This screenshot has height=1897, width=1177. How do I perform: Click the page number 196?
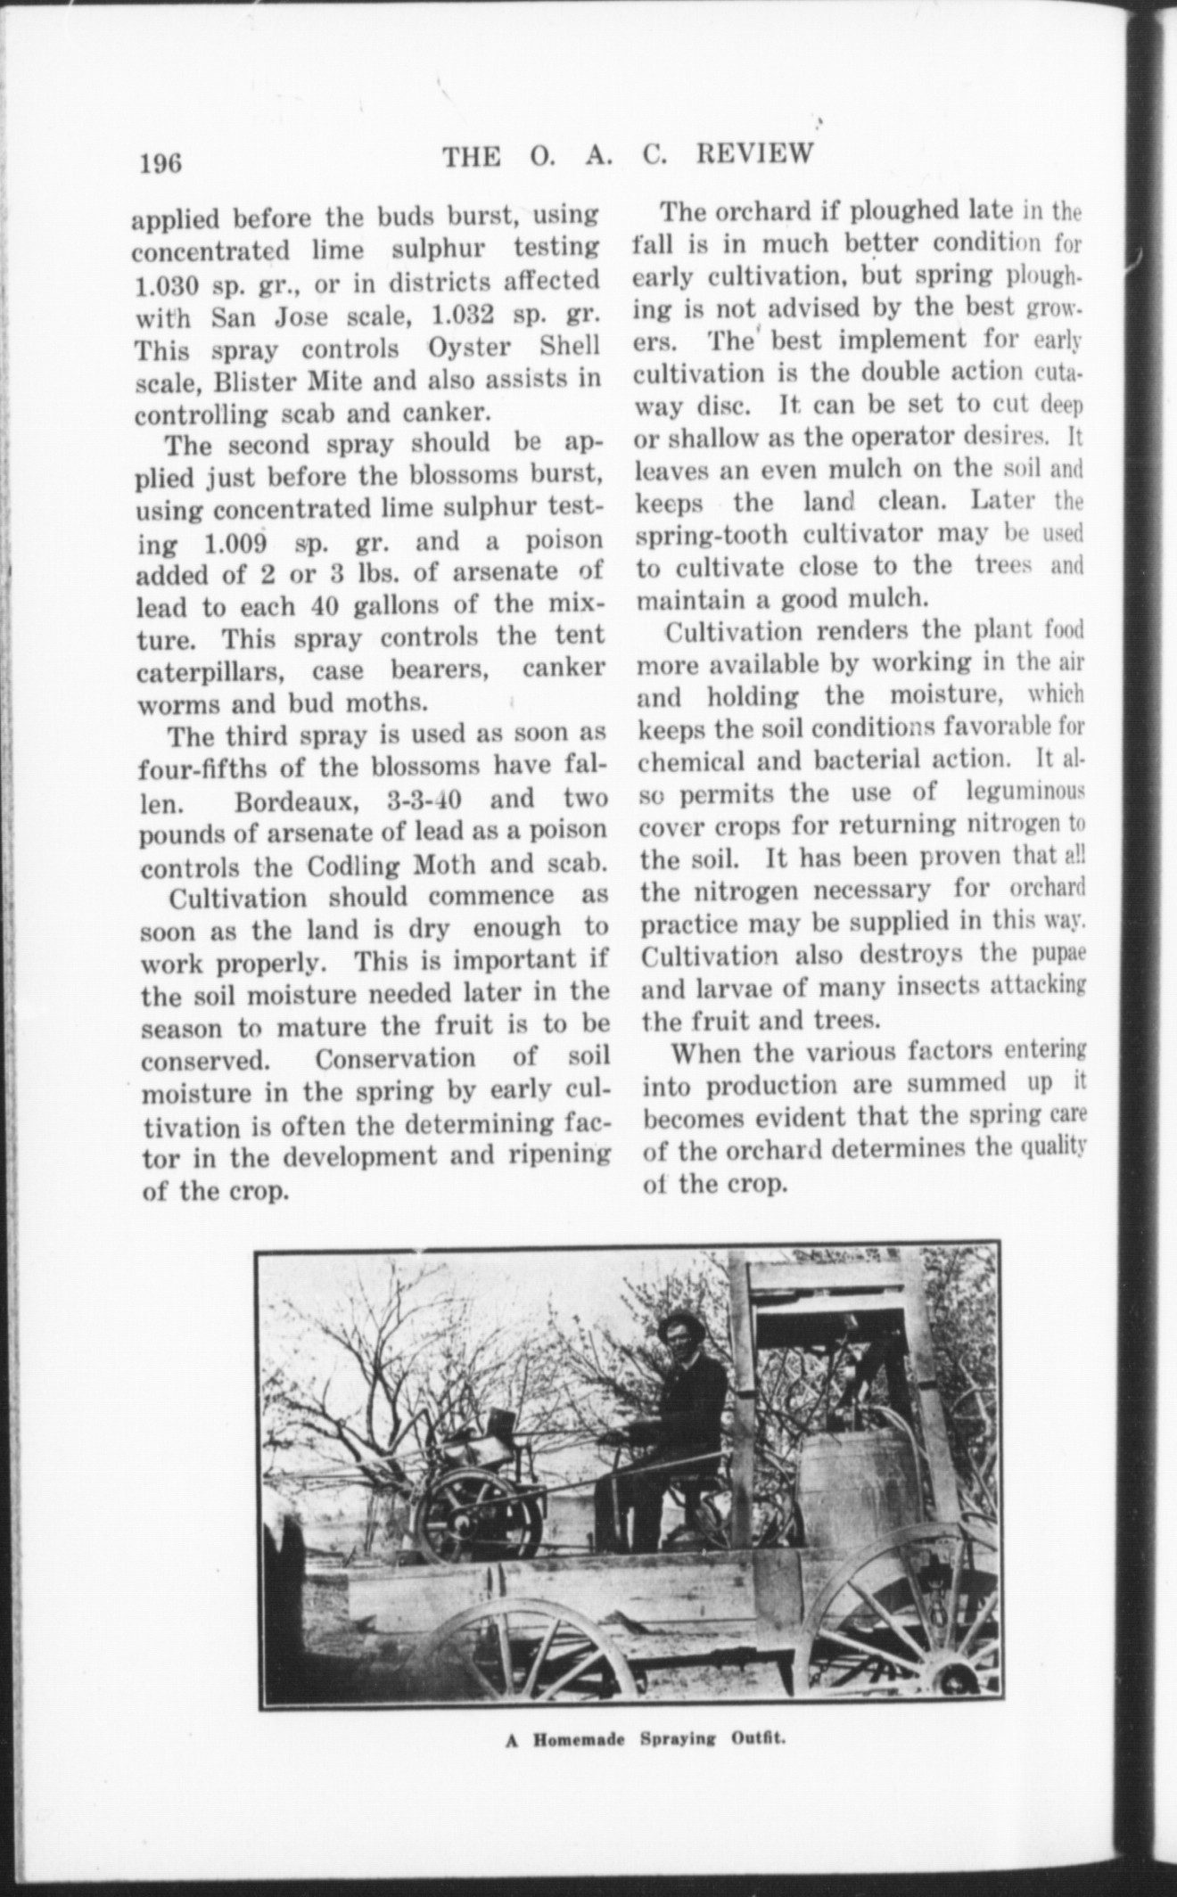160,163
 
